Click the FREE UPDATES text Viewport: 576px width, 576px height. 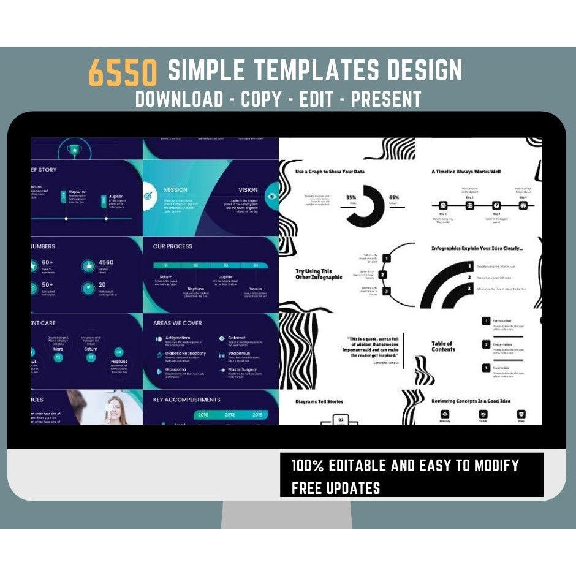[336, 488]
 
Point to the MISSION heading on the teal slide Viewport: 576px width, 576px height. [176, 190]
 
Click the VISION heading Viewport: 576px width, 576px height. [248, 190]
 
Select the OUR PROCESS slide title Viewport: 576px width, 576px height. [172, 246]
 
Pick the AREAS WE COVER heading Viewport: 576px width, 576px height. [177, 323]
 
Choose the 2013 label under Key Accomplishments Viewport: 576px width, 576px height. [229, 415]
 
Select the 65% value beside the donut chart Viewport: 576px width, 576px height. [394, 198]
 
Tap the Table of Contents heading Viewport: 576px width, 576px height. [442, 346]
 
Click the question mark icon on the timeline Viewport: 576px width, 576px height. [496, 206]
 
